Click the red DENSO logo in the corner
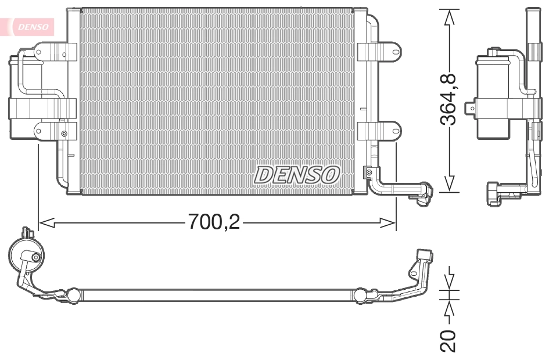coord(33,26)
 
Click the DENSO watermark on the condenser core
coord(296,174)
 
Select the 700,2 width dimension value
coord(213,221)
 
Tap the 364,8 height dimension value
coord(448,100)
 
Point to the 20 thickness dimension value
coord(448,341)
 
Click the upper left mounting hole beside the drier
coord(39,52)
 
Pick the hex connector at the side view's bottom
coord(494,193)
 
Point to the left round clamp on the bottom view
coord(73,296)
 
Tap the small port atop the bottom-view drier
coord(27,233)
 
